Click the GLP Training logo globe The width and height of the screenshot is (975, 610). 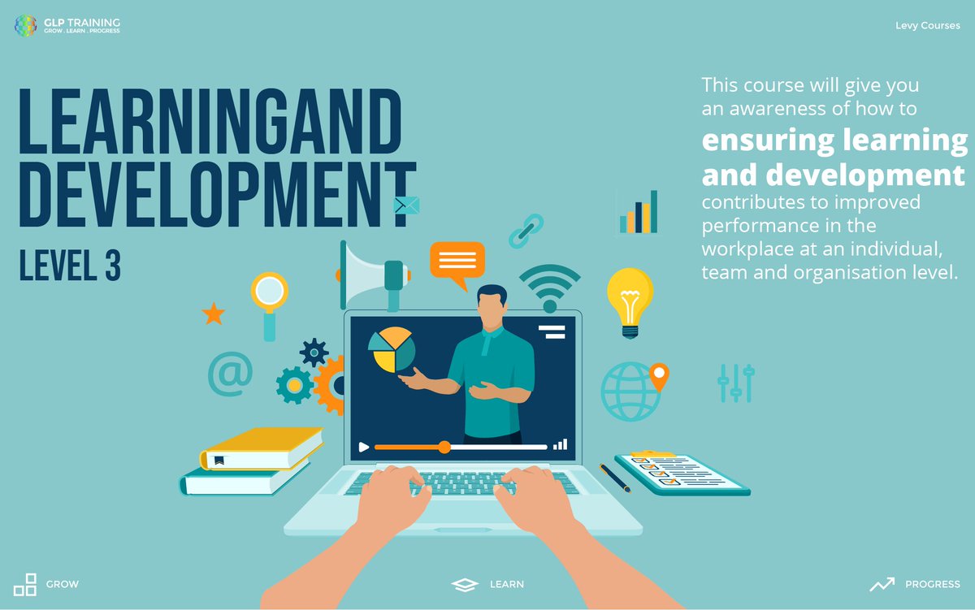point(26,25)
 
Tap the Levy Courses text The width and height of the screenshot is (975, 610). point(927,26)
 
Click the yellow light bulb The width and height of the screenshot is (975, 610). point(630,301)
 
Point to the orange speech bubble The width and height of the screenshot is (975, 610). point(457,262)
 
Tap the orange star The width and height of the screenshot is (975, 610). point(213,314)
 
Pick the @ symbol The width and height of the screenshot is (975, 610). point(230,374)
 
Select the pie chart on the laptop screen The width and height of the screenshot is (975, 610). point(392,350)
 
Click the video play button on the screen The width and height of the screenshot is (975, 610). point(364,447)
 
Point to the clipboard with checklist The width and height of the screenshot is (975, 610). point(681,474)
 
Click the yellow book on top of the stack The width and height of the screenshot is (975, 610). point(262,448)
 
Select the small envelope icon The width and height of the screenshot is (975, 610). point(405,205)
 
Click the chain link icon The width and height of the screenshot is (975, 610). point(526,231)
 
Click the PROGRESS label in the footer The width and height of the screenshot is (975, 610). point(932,584)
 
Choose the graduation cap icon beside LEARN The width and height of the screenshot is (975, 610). point(464,584)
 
